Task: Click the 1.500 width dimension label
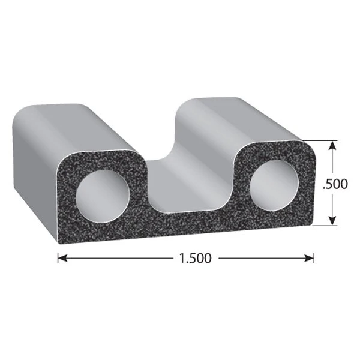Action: click(x=194, y=259)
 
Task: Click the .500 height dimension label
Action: click(x=335, y=184)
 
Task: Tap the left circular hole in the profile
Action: click(x=102, y=194)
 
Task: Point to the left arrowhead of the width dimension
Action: click(x=61, y=259)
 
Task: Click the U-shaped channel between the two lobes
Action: click(x=180, y=180)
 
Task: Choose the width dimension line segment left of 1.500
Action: click(x=120, y=259)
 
